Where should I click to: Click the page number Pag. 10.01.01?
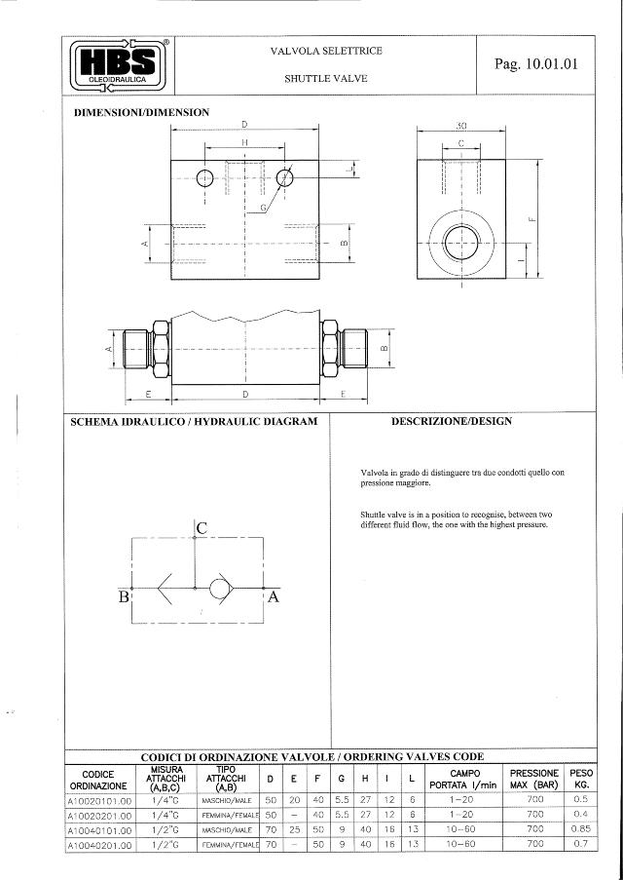point(535,64)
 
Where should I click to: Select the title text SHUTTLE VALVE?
point(325,78)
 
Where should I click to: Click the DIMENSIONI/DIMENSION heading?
point(142,112)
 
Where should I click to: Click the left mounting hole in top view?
point(204,177)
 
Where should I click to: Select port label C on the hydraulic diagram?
point(202,527)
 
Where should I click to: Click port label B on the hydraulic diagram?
point(124,597)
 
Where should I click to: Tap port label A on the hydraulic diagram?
point(274,597)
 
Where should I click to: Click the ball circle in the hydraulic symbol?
point(220,588)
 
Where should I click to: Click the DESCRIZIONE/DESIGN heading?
point(451,422)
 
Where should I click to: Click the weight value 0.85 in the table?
point(580,830)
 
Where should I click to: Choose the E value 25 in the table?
point(294,830)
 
